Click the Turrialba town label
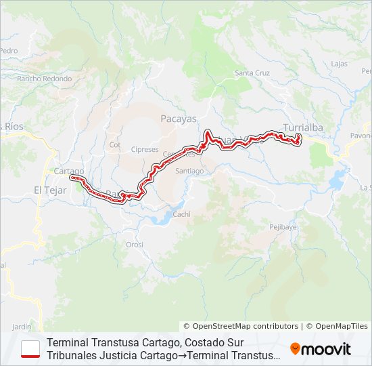[304, 127]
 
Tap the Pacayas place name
[179, 119]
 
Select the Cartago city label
[69, 171]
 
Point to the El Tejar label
[50, 190]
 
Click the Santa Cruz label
[252, 73]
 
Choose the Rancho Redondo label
[45, 79]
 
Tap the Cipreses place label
[145, 149]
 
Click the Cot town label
[114, 145]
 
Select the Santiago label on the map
[189, 171]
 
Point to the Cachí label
[182, 214]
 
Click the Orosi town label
[135, 245]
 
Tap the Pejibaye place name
[283, 227]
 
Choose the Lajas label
[340, 64]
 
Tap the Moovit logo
[321, 349]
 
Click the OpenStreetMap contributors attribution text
[241, 326]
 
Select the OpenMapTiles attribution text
[337, 326]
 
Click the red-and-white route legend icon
[30, 348]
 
